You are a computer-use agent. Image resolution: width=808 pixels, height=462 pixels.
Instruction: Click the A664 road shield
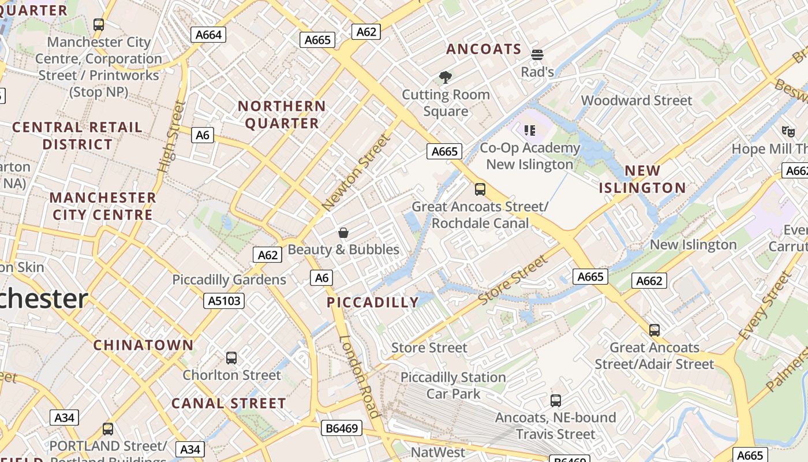(x=208, y=35)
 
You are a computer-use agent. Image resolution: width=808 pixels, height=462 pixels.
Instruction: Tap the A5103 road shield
(x=224, y=300)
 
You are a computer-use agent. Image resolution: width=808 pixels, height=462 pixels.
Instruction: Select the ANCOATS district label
(x=484, y=49)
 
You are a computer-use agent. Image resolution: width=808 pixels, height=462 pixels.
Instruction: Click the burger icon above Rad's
(x=537, y=55)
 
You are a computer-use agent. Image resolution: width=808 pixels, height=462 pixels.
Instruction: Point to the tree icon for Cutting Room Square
(x=445, y=77)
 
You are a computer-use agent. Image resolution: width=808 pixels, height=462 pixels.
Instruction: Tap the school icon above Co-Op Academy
(x=530, y=131)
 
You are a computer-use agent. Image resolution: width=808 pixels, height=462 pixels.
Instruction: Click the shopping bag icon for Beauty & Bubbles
(x=343, y=233)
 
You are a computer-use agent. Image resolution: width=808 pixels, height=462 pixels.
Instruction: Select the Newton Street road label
(x=357, y=172)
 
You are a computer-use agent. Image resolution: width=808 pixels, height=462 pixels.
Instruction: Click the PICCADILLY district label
(x=373, y=302)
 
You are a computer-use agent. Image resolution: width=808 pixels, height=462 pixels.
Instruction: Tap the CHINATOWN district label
(x=144, y=345)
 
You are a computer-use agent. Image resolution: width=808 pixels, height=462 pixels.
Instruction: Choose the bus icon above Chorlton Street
(x=231, y=357)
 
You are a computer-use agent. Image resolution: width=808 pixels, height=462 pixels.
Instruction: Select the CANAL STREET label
(x=229, y=403)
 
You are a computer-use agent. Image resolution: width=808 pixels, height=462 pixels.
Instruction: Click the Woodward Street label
(x=636, y=100)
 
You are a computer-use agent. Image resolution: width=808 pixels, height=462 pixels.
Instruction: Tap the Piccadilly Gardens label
(x=229, y=280)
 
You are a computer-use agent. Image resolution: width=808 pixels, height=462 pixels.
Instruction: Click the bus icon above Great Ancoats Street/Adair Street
(x=654, y=330)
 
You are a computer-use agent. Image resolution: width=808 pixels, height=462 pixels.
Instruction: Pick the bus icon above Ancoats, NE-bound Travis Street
(x=555, y=400)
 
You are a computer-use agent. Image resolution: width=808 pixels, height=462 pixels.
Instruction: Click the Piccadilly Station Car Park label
(x=453, y=385)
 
